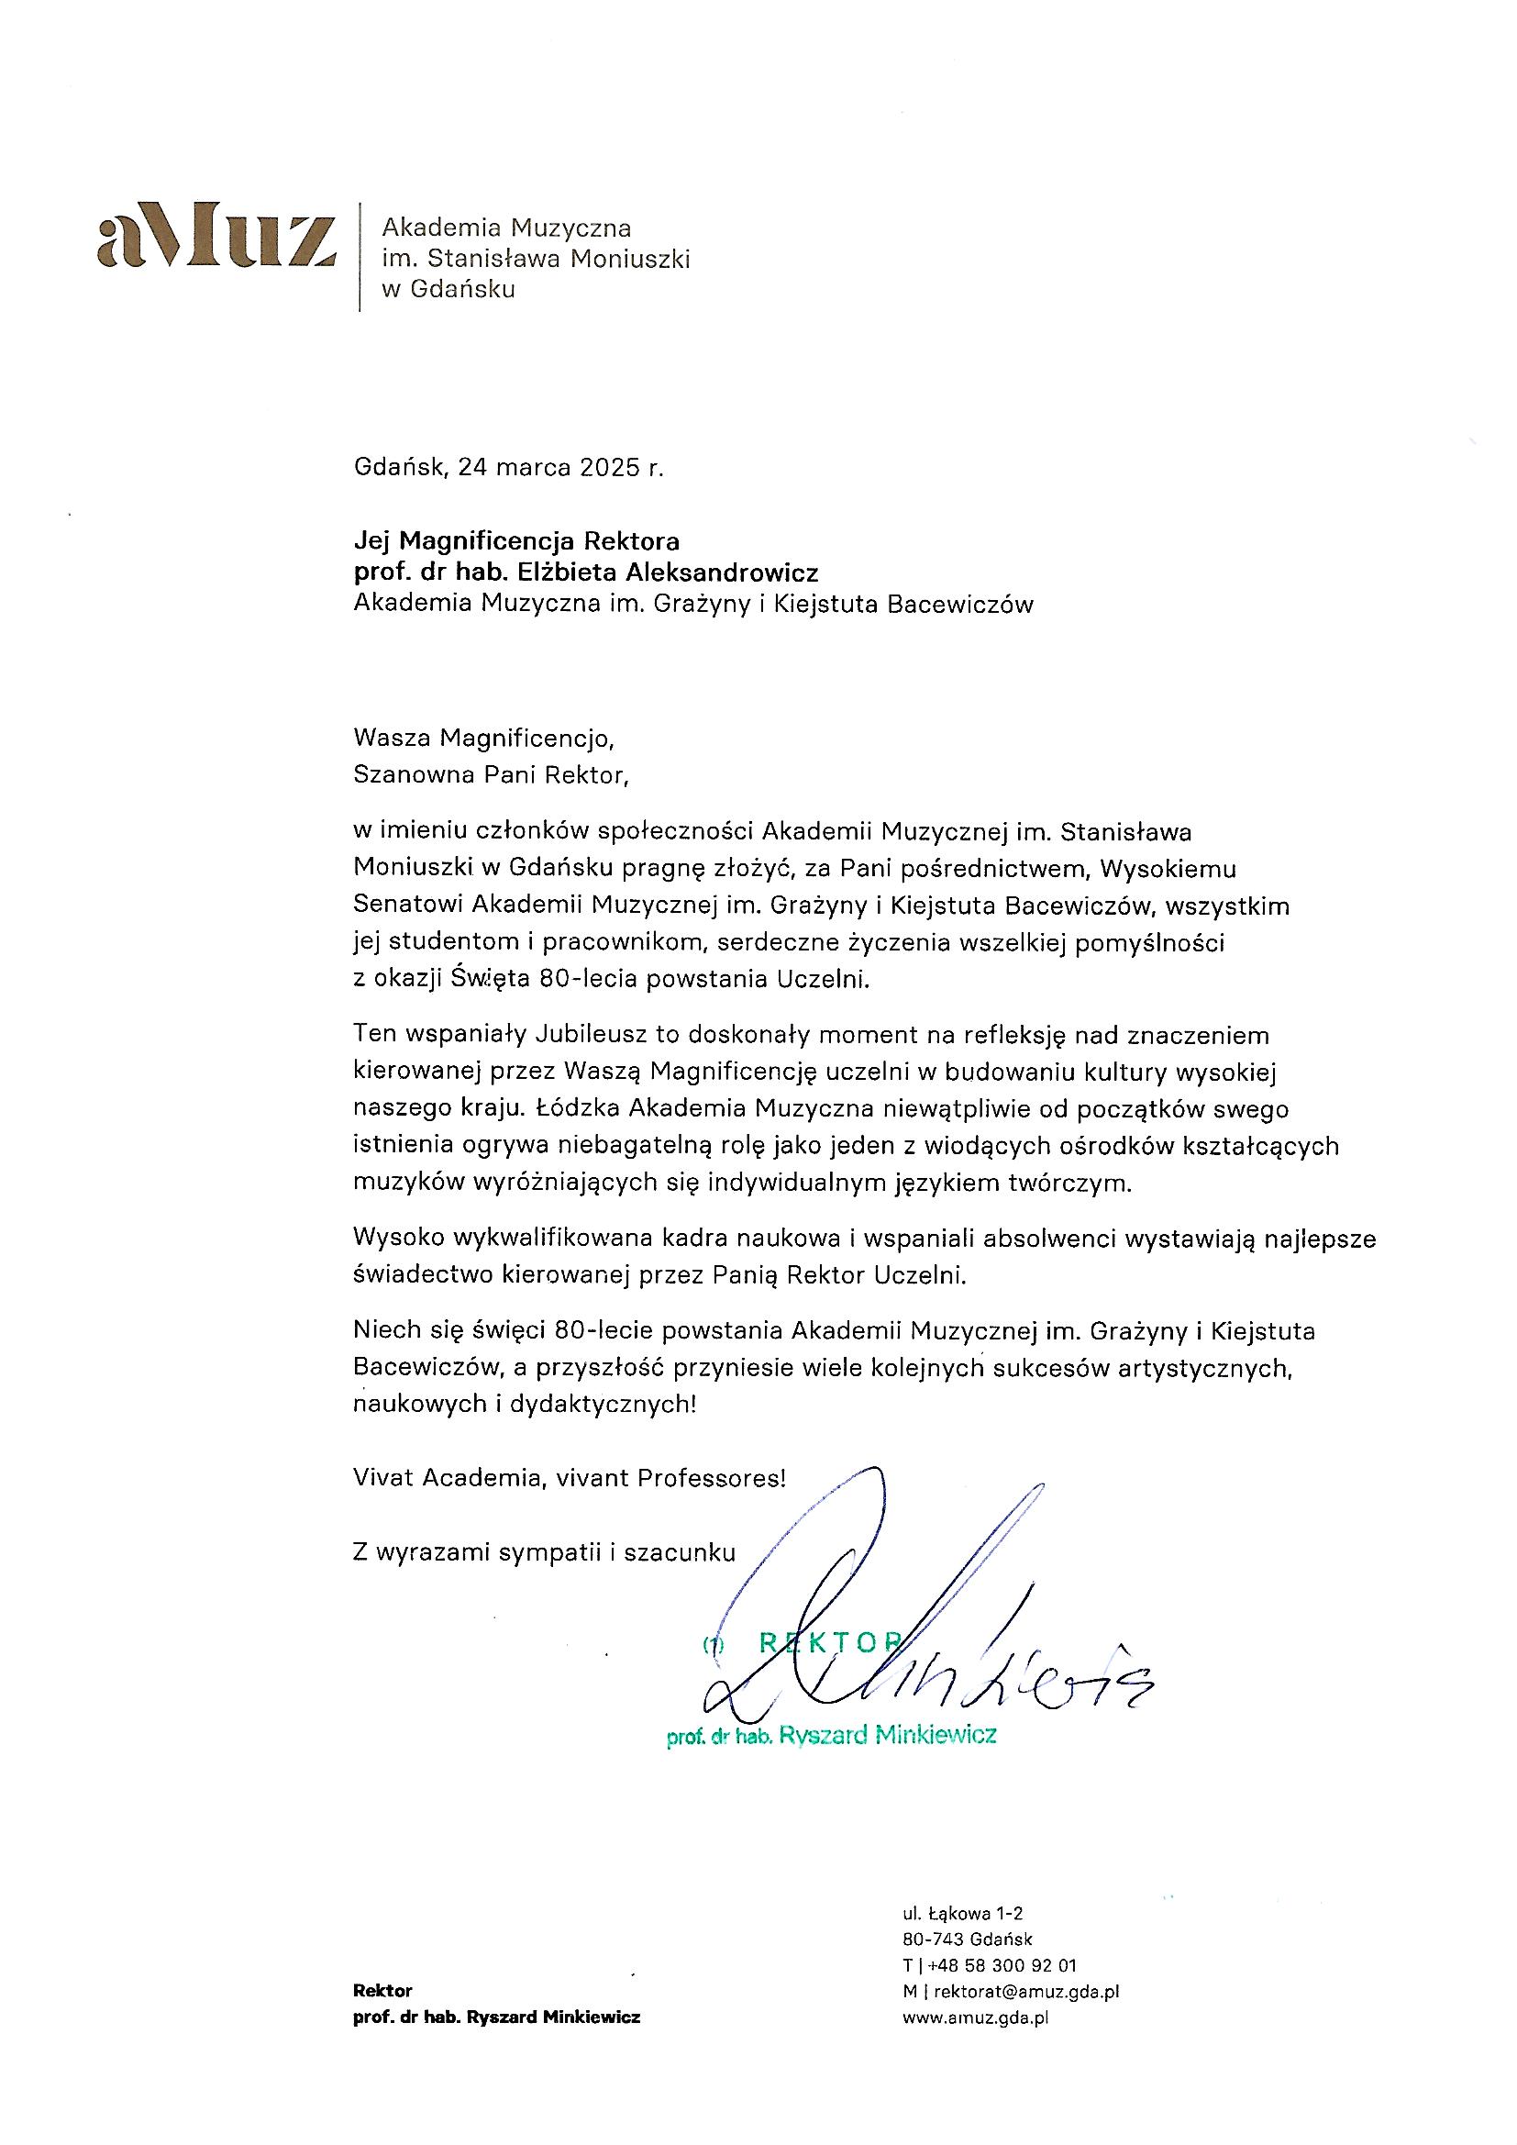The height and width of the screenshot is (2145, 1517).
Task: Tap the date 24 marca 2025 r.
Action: [560, 467]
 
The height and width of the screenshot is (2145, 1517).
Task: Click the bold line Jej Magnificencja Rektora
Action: [516, 540]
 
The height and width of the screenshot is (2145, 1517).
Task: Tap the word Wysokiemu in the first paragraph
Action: [1168, 869]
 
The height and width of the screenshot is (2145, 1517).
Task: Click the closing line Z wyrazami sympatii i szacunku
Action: [545, 1551]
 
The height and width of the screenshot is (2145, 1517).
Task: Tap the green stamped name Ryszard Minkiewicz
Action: [888, 1735]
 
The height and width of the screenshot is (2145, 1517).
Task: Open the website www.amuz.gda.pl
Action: [975, 2017]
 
